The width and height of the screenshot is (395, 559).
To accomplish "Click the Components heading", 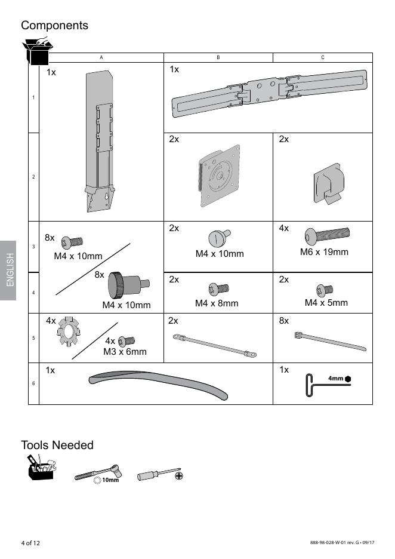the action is (x=54, y=26).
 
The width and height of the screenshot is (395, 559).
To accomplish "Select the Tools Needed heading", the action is (x=57, y=446).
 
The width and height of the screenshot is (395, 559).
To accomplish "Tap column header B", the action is (x=218, y=57).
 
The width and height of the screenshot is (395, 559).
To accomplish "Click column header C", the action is (x=323, y=57).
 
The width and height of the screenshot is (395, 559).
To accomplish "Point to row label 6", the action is (x=33, y=383).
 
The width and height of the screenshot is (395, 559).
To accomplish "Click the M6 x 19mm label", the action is (x=324, y=252).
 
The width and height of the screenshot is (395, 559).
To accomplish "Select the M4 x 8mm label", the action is (x=217, y=303).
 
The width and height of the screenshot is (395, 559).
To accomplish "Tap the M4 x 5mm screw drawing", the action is (x=325, y=290).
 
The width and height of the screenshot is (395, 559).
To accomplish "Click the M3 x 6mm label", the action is (x=125, y=352).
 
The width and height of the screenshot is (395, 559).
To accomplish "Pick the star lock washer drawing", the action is (x=69, y=331).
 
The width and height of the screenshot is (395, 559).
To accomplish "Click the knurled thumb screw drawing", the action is (x=128, y=285).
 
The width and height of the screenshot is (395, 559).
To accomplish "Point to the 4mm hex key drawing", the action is (x=328, y=385).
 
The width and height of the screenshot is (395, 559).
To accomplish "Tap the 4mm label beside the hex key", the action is (x=335, y=378).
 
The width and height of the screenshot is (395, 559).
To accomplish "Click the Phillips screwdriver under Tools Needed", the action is (x=160, y=475).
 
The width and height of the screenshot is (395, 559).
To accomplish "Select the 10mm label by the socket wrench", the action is (x=110, y=480).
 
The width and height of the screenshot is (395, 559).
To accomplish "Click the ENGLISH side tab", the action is (x=10, y=270).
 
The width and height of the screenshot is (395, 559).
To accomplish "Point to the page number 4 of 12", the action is (x=30, y=543).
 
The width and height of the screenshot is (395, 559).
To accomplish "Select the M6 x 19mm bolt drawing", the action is (x=327, y=236).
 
